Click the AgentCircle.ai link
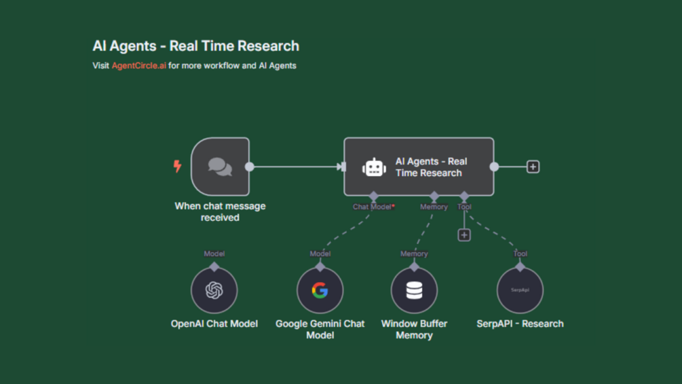(x=138, y=66)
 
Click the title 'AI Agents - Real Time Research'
(x=195, y=46)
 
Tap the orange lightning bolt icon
(x=178, y=166)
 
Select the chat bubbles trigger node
(x=220, y=167)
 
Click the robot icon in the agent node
(x=374, y=167)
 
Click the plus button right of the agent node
(x=533, y=167)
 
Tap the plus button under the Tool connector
(x=464, y=235)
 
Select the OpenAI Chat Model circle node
(x=214, y=290)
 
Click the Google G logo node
(x=320, y=290)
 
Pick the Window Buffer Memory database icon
(x=414, y=290)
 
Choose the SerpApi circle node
(x=520, y=290)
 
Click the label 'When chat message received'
(x=220, y=211)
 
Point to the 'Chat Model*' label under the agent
(x=373, y=207)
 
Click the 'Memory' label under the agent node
(x=434, y=207)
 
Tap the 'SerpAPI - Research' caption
(x=520, y=324)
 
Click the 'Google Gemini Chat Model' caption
(x=320, y=329)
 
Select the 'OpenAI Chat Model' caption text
(x=214, y=324)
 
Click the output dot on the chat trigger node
(x=249, y=167)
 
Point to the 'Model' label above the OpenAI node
(x=214, y=254)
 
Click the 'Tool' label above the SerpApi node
(x=520, y=254)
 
